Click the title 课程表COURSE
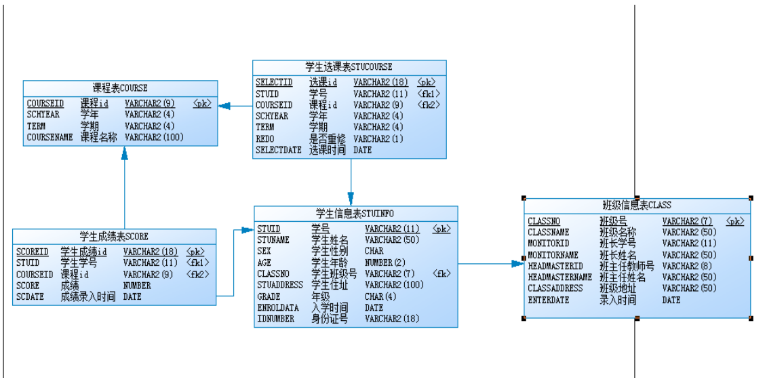pos(120,88)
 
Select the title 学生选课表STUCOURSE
pos(349,67)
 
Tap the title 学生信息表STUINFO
pos(355,214)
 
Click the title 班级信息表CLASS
pos(637,206)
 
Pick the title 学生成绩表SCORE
pos(113,237)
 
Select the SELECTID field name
pos(274,83)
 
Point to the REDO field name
pos(265,139)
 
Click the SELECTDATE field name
pos(278,150)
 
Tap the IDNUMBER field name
pos(276,319)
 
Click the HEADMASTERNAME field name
pos(559,277)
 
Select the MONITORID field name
pos(549,244)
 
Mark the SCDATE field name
pos(30,297)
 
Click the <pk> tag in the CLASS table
pos(734,222)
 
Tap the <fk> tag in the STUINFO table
pos(442,274)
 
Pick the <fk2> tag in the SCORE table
pos(197,275)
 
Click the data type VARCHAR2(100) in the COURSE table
pos(154,137)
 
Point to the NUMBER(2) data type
pos(385,263)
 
